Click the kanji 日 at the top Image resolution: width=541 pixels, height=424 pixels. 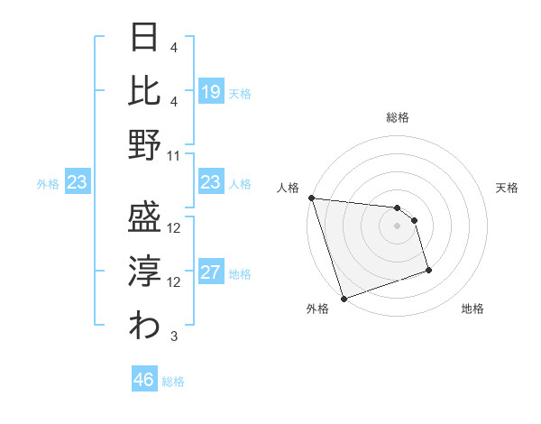(145, 40)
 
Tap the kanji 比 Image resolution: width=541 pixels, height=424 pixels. (145, 91)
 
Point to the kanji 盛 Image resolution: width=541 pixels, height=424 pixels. (145, 216)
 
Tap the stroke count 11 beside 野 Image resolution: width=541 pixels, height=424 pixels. (175, 156)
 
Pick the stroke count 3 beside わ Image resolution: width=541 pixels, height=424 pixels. (174, 336)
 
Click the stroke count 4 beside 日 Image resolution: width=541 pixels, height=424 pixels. (173, 46)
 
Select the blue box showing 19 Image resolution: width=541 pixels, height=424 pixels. (211, 91)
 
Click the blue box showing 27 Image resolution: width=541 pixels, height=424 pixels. (211, 272)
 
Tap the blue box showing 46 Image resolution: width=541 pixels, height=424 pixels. (144, 380)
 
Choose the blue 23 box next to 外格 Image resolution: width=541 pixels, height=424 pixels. (78, 183)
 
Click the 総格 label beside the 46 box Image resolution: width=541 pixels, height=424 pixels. (173, 382)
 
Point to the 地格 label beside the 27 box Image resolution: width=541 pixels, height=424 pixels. (240, 274)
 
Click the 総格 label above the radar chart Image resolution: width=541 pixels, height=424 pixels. (397, 117)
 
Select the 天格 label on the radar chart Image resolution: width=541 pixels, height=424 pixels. (507, 188)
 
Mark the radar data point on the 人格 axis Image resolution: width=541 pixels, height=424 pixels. (311, 198)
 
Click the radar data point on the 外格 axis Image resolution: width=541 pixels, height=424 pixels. (344, 298)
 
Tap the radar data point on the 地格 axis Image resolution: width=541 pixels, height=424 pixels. (428, 270)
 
